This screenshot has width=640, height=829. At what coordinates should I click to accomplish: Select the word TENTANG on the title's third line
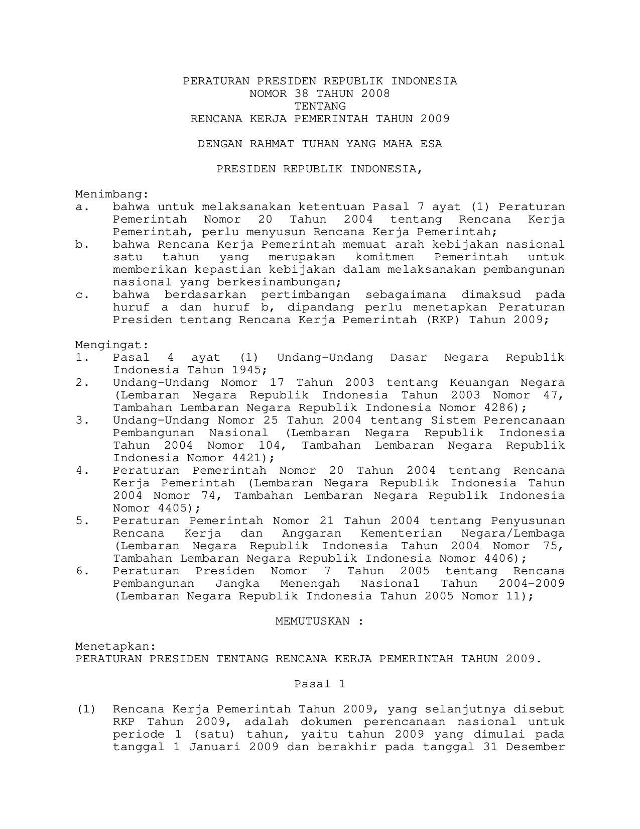[x=320, y=107]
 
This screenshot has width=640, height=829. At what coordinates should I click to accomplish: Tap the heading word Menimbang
[x=112, y=194]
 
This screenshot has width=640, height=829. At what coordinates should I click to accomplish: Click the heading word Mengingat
[x=112, y=345]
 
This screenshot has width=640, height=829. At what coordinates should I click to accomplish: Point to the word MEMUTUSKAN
[x=312, y=621]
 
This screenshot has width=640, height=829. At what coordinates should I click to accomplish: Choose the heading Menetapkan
[x=115, y=647]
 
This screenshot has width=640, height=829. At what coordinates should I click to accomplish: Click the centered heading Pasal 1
[x=320, y=684]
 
